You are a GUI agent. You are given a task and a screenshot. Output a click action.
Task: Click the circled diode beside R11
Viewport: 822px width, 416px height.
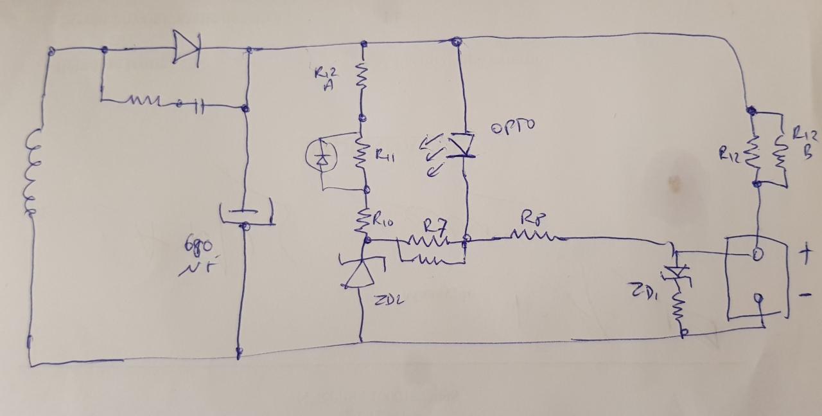tap(322, 157)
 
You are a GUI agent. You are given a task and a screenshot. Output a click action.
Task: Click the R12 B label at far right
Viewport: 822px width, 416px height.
tap(804, 143)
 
